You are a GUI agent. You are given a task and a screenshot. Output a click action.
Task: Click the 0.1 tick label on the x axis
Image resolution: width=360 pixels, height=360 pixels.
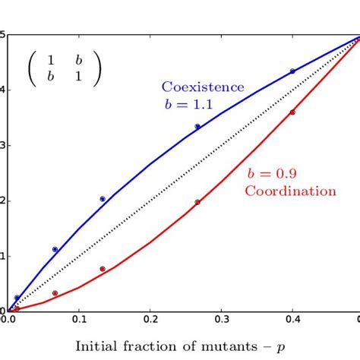pos(78,321)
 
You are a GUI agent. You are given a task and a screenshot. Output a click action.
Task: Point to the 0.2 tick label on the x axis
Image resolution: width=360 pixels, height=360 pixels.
pos(150,321)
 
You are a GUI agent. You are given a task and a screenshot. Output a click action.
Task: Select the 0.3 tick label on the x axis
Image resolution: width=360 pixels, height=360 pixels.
pos(222,321)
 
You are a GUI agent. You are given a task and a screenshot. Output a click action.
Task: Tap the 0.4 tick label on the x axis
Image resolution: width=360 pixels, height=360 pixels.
pos(293,321)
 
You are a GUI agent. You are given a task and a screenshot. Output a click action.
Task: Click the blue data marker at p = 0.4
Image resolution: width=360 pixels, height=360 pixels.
pos(292,71)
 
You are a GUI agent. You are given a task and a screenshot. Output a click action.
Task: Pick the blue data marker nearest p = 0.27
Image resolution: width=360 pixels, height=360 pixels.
pos(197,127)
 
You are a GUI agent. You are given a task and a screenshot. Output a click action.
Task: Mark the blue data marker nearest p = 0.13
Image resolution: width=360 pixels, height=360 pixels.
pos(103,199)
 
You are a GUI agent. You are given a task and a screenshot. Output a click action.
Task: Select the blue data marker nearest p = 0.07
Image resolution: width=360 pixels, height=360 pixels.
pos(55,249)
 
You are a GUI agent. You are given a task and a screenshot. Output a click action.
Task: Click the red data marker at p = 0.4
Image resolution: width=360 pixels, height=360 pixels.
pos(292,112)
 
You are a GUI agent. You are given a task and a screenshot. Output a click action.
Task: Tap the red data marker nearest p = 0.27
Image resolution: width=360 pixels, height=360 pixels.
pos(197,202)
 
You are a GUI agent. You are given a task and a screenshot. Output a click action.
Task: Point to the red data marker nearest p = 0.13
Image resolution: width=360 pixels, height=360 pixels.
pos(103,269)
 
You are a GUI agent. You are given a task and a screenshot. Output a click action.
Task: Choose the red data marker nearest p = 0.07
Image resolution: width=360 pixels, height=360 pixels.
pos(55,293)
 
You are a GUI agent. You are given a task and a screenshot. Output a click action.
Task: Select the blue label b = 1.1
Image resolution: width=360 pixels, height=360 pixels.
pos(185,105)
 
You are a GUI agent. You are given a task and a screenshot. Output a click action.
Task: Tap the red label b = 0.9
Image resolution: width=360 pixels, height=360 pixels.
pos(269,173)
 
